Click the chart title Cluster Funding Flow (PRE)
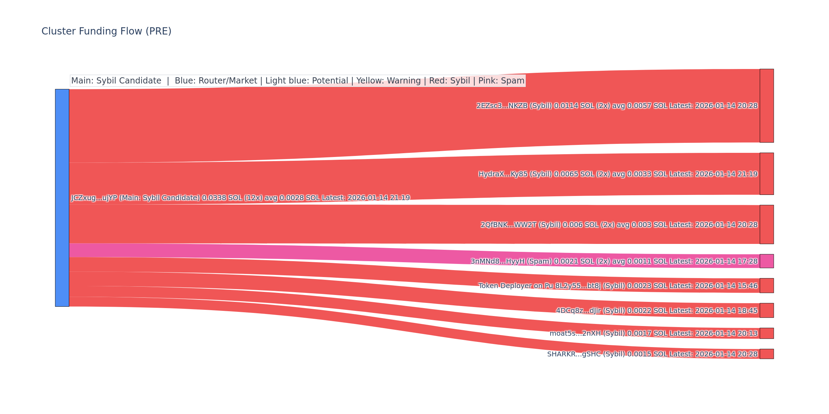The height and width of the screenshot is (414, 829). click(x=106, y=31)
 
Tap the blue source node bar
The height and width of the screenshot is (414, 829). click(x=62, y=198)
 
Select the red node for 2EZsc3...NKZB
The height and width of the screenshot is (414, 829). click(x=766, y=106)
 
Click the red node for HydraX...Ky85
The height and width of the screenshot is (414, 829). click(x=766, y=174)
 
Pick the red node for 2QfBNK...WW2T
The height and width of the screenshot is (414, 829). click(x=766, y=225)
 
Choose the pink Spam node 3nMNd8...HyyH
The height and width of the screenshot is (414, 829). click(x=766, y=261)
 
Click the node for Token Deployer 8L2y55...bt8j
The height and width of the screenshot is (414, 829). click(x=766, y=286)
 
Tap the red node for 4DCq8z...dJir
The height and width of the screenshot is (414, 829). click(x=766, y=310)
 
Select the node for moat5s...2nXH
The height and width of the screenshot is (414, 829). click(x=766, y=333)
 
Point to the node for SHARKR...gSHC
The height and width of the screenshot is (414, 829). click(x=766, y=354)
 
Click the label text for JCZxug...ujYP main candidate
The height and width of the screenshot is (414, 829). click(x=240, y=198)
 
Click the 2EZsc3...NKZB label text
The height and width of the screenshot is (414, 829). click(x=617, y=106)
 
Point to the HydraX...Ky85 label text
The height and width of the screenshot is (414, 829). click(x=618, y=174)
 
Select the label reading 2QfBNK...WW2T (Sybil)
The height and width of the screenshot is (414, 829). click(x=619, y=225)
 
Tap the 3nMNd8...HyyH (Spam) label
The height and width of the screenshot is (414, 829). click(x=614, y=262)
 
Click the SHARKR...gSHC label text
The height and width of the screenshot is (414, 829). click(x=652, y=354)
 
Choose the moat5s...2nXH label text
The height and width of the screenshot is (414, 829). click(x=654, y=334)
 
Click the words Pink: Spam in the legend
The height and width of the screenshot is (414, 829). click(x=501, y=81)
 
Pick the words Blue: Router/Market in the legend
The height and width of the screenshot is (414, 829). click(x=216, y=81)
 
